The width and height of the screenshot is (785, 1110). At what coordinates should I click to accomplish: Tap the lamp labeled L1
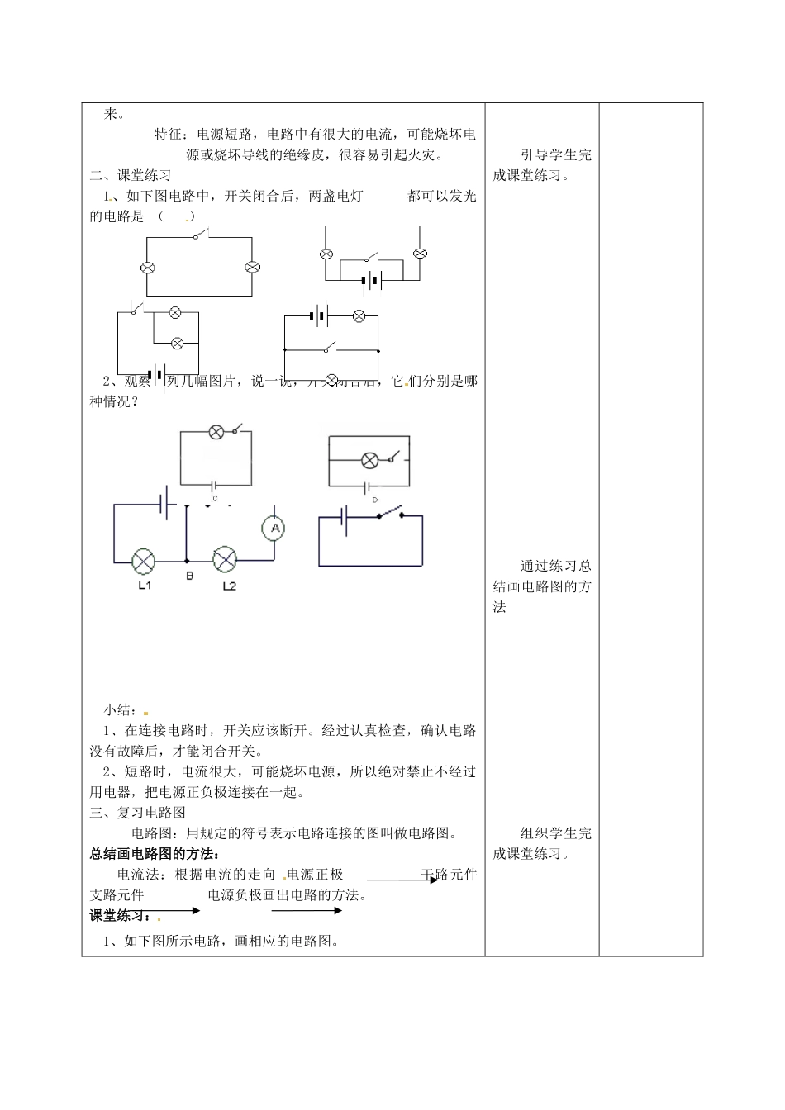click(x=144, y=561)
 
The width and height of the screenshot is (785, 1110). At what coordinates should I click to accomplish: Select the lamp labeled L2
click(x=225, y=559)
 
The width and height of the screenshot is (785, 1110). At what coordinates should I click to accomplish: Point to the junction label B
click(x=189, y=576)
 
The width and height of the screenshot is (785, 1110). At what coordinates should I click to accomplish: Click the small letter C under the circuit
click(x=215, y=499)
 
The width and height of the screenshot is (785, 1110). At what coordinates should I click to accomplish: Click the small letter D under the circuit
click(x=375, y=500)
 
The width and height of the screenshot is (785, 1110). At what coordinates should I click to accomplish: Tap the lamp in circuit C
click(x=216, y=432)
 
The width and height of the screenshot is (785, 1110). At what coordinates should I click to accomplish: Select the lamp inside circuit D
click(x=370, y=461)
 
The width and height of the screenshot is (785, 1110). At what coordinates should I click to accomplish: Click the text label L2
click(x=229, y=586)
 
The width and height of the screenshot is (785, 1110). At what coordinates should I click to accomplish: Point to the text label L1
click(x=145, y=586)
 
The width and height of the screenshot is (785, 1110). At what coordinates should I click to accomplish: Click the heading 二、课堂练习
click(x=131, y=175)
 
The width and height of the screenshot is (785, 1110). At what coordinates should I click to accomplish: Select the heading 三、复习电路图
click(x=138, y=813)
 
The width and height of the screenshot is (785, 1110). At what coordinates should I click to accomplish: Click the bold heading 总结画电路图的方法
click(x=155, y=854)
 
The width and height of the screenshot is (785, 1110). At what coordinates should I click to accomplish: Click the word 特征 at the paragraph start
click(x=168, y=134)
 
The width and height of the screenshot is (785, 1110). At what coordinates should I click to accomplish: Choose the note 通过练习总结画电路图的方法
click(x=542, y=586)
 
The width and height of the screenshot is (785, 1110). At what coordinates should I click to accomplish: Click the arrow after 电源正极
click(x=402, y=880)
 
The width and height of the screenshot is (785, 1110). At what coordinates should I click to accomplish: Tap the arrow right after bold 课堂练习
click(x=178, y=911)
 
